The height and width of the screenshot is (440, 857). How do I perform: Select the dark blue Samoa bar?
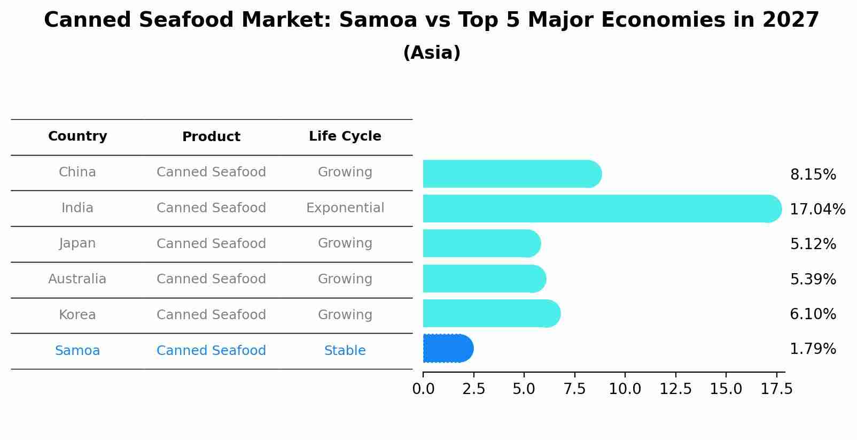pyautogui.click(x=448, y=349)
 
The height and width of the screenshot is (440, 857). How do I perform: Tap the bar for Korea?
pyautogui.click(x=491, y=313)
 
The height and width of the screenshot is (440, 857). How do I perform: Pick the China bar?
pyautogui.click(x=512, y=174)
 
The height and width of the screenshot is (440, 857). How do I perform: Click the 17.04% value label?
pyautogui.click(x=817, y=209)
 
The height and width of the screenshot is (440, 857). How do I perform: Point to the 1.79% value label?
pyautogui.click(x=813, y=349)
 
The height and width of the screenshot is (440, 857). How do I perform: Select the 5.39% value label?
pyautogui.click(x=813, y=279)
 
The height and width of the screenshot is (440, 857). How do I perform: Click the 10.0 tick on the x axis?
pyautogui.click(x=625, y=389)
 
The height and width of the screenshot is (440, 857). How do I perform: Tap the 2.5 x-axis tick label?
pyautogui.click(x=473, y=389)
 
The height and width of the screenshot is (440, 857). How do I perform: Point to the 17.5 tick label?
pyautogui.click(x=776, y=389)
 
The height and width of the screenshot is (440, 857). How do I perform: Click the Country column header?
pyautogui.click(x=77, y=136)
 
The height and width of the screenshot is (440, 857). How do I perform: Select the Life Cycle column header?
pyautogui.click(x=345, y=136)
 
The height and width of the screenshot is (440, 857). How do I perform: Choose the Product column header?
pyautogui.click(x=211, y=137)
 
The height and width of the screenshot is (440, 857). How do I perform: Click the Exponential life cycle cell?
pyautogui.click(x=345, y=208)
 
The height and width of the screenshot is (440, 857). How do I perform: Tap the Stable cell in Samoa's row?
pyautogui.click(x=345, y=351)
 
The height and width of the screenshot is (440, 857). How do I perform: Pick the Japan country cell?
pyautogui.click(x=77, y=243)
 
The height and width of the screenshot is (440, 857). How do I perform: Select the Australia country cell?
pyautogui.click(x=77, y=279)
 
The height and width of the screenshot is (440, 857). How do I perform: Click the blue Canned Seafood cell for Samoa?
pyautogui.click(x=211, y=351)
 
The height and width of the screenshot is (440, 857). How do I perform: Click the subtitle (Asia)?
pyautogui.click(x=432, y=53)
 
